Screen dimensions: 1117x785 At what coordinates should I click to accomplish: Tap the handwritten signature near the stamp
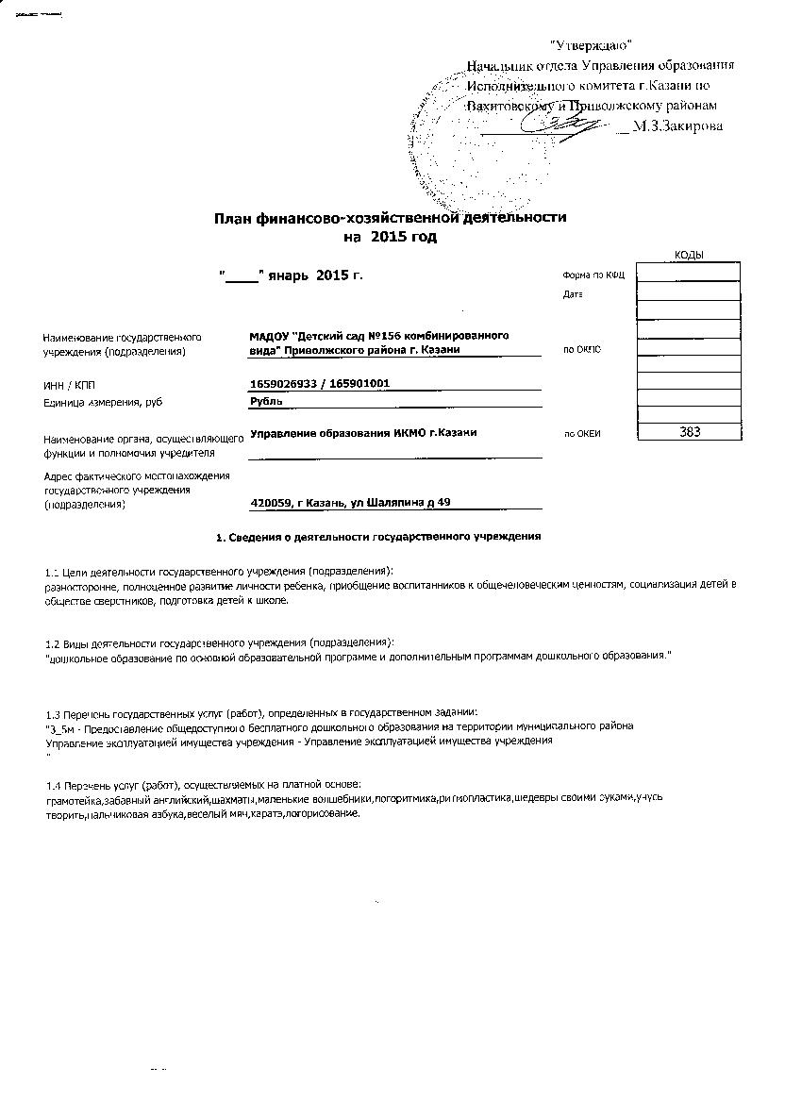tap(566, 124)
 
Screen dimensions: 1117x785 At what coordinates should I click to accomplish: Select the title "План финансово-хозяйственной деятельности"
tap(391, 217)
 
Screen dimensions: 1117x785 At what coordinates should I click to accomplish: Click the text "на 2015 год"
tap(390, 237)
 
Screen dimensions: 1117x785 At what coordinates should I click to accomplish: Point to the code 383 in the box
tap(689, 431)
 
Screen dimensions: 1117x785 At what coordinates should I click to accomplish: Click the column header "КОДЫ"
tap(689, 255)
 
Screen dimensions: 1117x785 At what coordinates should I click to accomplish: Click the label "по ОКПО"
tap(581, 350)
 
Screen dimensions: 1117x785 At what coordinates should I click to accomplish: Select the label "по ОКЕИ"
tap(582, 434)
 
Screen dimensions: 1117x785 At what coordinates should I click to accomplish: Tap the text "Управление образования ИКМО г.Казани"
tap(363, 432)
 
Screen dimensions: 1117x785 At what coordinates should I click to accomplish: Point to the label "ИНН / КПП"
tap(69, 386)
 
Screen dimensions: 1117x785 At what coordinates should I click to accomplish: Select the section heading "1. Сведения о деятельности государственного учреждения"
tap(378, 537)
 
